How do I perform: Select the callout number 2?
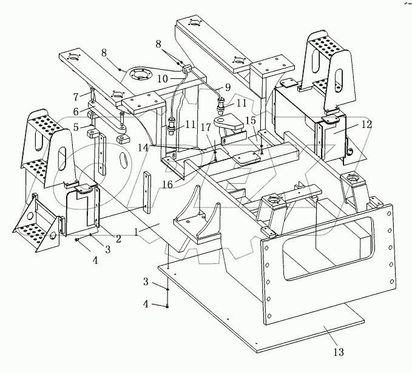[118, 238]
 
